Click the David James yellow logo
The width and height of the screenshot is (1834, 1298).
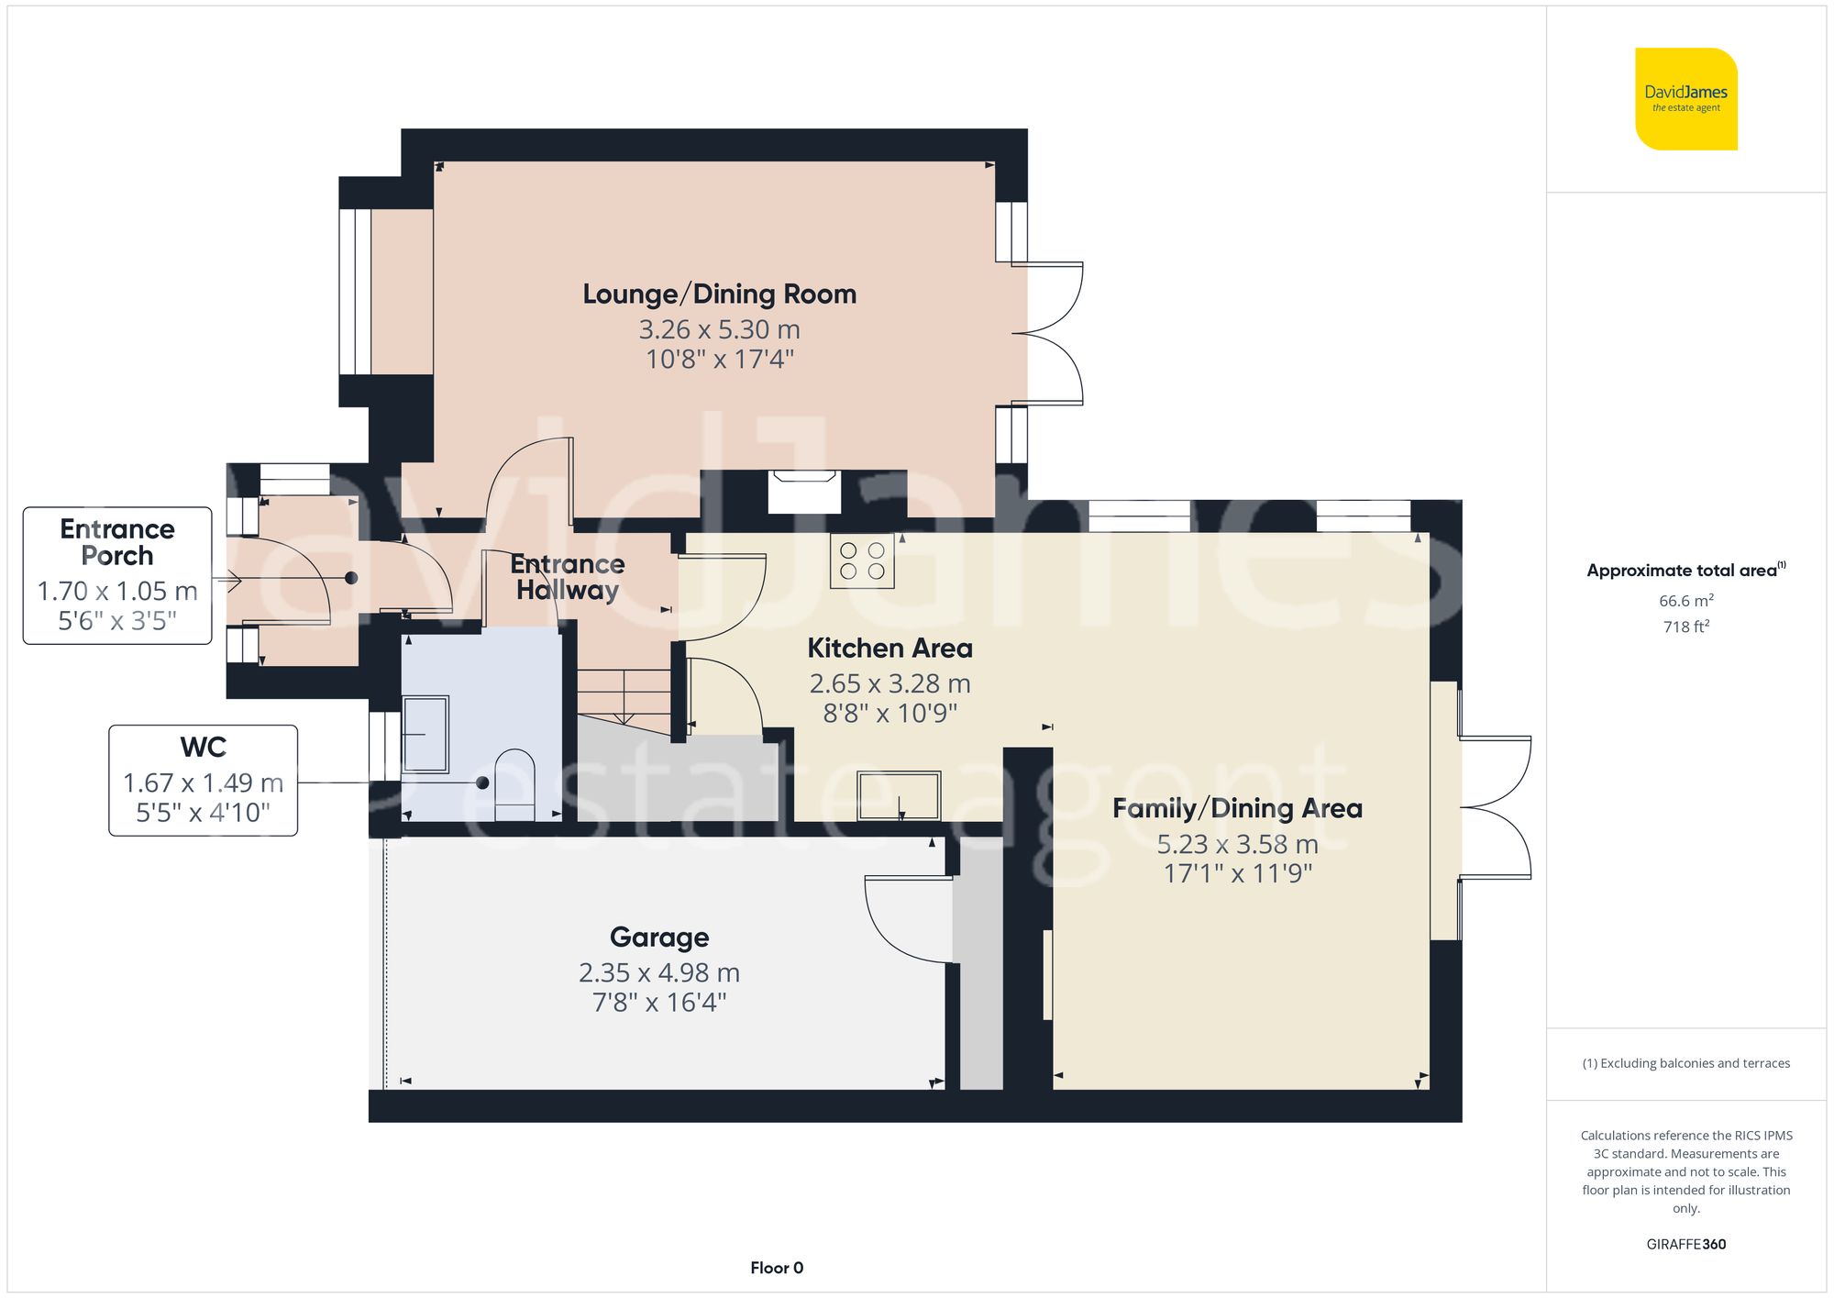pyautogui.click(x=1685, y=99)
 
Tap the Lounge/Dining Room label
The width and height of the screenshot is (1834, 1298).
pyautogui.click(x=719, y=294)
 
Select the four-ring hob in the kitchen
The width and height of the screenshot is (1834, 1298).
pyautogui.click(x=862, y=560)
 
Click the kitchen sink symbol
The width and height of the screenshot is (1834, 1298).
pyautogui.click(x=899, y=795)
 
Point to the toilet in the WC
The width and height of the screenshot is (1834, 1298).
pyautogui.click(x=514, y=784)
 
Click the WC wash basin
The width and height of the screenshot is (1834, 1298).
pyautogui.click(x=425, y=734)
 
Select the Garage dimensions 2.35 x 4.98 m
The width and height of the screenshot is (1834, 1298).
pyautogui.click(x=658, y=972)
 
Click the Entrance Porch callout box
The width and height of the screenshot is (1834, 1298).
pyautogui.click(x=117, y=575)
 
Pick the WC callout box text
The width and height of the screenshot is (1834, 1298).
pyautogui.click(x=203, y=781)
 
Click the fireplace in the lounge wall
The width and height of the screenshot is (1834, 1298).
pyautogui.click(x=804, y=492)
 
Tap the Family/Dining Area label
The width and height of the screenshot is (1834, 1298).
pyautogui.click(x=1237, y=809)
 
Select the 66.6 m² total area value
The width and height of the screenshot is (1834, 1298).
pyautogui.click(x=1685, y=601)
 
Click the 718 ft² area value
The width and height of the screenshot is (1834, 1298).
pyautogui.click(x=1685, y=627)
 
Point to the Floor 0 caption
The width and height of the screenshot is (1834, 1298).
pyautogui.click(x=776, y=1268)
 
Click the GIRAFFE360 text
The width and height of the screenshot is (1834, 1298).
pyautogui.click(x=1685, y=1244)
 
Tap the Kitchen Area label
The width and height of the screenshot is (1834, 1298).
pyautogui.click(x=889, y=649)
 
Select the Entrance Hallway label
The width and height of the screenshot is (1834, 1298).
pyautogui.click(x=568, y=577)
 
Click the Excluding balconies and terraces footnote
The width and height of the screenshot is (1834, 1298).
pyautogui.click(x=1685, y=1063)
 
